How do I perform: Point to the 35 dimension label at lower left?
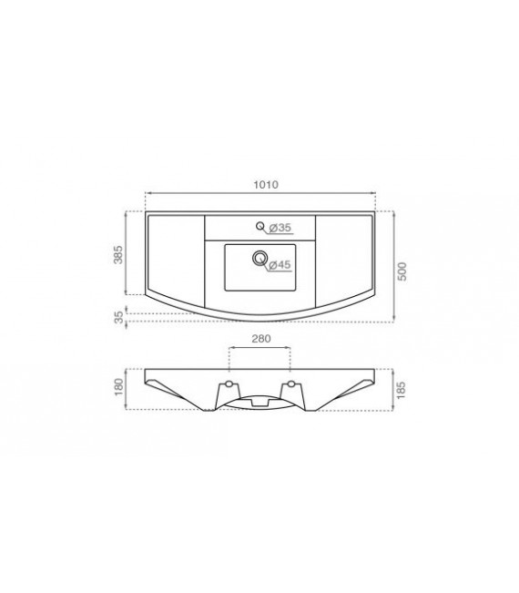(117, 316)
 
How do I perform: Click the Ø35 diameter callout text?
(280, 227)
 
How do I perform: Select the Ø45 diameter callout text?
(280, 264)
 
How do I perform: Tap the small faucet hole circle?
(260, 226)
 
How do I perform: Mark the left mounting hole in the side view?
(229, 383)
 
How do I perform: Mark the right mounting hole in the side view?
(290, 383)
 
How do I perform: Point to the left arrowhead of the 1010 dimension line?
(148, 193)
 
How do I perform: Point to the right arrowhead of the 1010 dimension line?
(374, 193)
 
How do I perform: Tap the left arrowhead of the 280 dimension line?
(229, 348)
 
